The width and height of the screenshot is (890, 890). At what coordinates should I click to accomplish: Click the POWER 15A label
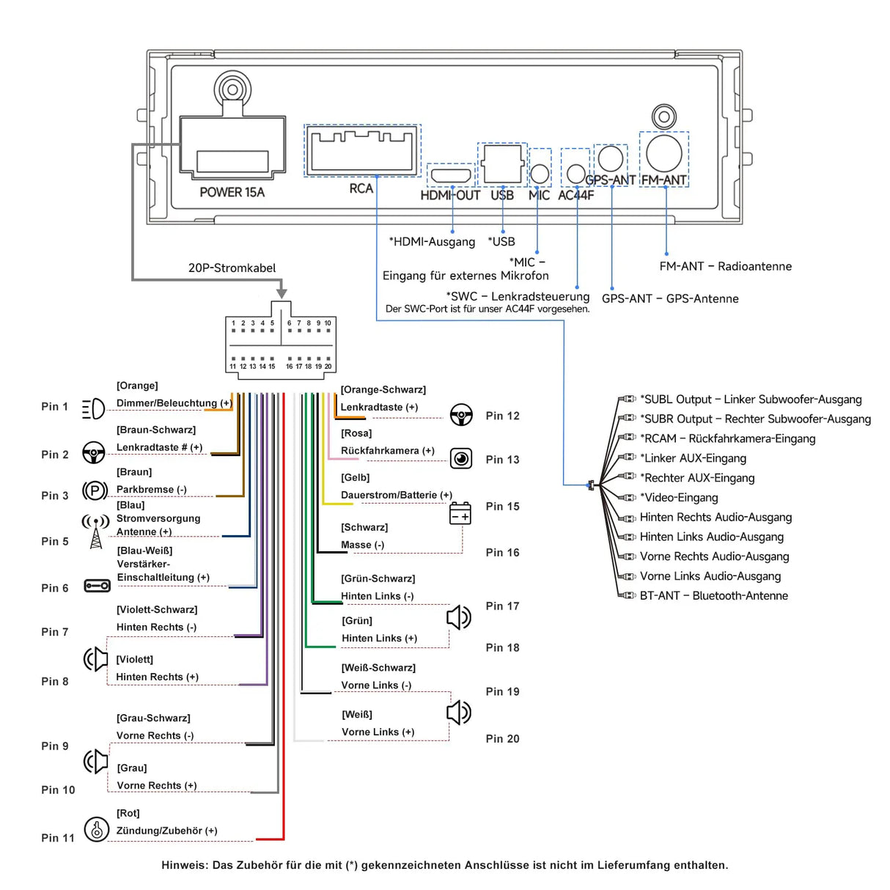[x=232, y=192]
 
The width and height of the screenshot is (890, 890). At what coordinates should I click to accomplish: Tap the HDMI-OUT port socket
[x=451, y=175]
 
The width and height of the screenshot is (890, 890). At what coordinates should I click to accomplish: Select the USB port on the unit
[x=502, y=164]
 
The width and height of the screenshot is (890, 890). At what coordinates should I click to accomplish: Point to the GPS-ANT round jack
[x=611, y=158]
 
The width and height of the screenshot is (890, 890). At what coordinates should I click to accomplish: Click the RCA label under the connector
[x=361, y=188]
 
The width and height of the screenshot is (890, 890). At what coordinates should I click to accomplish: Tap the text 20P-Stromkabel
[x=232, y=268]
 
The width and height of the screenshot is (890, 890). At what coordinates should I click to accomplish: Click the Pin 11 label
[x=58, y=838]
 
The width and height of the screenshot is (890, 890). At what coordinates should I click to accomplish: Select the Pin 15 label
[x=502, y=507]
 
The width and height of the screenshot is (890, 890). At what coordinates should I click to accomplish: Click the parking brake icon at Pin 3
[x=95, y=490]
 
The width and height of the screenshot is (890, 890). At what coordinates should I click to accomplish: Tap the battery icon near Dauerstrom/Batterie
[x=460, y=514]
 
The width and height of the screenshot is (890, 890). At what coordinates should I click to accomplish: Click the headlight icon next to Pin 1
[x=93, y=408]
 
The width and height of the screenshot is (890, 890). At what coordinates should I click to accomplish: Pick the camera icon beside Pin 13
[x=461, y=459]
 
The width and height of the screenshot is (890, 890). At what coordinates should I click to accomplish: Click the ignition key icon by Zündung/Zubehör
[x=96, y=829]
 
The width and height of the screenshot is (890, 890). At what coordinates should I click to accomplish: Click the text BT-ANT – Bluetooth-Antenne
[x=713, y=596]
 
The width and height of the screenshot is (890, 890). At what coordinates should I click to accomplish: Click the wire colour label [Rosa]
[x=356, y=433]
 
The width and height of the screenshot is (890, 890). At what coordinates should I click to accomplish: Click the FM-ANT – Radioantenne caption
[x=725, y=266]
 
